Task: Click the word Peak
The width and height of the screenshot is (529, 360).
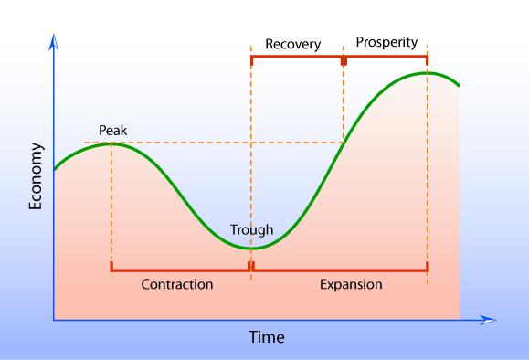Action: click(112, 131)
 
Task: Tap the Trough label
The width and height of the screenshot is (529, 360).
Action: click(251, 230)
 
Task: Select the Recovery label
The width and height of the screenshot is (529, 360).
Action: click(293, 43)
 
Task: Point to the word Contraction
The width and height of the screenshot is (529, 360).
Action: click(177, 284)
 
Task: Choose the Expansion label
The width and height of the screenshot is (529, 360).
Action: click(351, 284)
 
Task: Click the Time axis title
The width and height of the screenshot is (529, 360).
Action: click(267, 336)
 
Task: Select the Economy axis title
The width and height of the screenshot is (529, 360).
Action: click(37, 177)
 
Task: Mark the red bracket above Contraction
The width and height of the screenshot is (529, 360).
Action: click(180, 270)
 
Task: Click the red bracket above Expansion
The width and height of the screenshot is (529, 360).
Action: click(340, 270)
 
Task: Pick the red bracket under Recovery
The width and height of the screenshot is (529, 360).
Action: click(296, 58)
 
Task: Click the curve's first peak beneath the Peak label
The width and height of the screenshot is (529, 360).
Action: click(111, 143)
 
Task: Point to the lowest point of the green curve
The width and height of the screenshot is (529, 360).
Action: click(251, 248)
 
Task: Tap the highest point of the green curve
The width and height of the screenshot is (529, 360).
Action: click(427, 72)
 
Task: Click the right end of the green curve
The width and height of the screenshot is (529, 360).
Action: click(458, 86)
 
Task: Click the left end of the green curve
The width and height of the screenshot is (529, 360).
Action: click(55, 169)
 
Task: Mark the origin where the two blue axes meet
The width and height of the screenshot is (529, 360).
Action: click(55, 321)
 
